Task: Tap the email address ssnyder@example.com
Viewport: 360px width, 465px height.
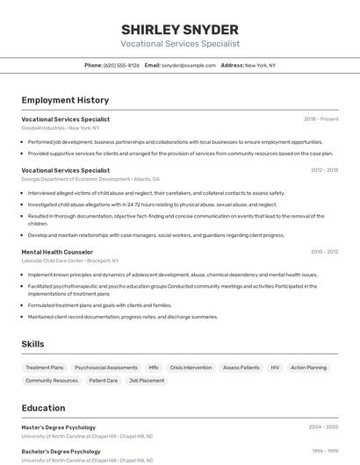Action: click(x=189, y=65)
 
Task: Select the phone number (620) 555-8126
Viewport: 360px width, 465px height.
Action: click(x=121, y=65)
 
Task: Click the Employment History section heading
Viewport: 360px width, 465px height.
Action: click(x=65, y=100)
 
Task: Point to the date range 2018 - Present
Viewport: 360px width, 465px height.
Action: click(x=320, y=119)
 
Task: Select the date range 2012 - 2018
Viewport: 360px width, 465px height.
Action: click(x=324, y=170)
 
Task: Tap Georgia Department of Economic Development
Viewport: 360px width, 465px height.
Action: click(x=76, y=178)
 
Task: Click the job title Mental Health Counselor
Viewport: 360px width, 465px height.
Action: click(x=57, y=252)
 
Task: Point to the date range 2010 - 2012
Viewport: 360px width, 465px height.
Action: click(x=324, y=252)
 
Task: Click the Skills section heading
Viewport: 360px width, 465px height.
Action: click(x=32, y=345)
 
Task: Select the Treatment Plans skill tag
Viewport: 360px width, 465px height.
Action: click(x=45, y=368)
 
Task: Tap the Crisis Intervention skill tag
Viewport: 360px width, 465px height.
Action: click(x=191, y=368)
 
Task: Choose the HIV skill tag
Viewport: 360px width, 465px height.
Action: click(x=275, y=368)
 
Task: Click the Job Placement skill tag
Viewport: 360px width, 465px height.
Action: click(x=147, y=381)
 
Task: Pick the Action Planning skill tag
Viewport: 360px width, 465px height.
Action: click(x=308, y=368)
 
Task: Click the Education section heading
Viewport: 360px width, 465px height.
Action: click(x=43, y=408)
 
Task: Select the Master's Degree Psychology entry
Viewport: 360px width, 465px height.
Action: click(x=59, y=427)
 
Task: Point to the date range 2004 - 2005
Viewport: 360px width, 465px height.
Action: click(x=323, y=427)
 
